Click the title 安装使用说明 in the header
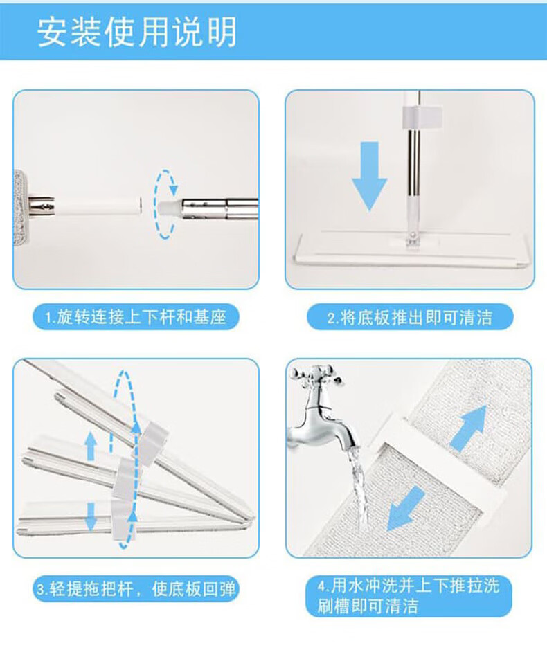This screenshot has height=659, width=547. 136,32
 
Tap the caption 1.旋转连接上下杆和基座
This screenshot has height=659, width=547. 136,317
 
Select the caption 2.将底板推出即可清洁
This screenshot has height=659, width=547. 409,317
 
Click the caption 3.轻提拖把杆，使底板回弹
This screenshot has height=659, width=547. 136,588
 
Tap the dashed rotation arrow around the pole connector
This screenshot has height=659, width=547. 165,204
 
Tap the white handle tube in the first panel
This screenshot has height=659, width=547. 98,206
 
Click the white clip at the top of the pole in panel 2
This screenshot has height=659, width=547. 422,117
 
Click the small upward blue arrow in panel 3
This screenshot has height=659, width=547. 91,446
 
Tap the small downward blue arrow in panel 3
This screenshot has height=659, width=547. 91,517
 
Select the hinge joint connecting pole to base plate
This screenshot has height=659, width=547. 412,240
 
